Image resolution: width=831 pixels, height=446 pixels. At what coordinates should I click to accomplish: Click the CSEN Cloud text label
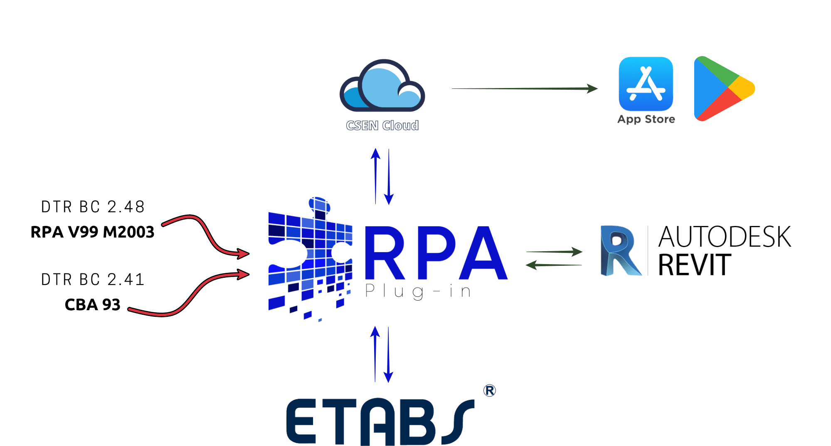pyautogui.click(x=382, y=125)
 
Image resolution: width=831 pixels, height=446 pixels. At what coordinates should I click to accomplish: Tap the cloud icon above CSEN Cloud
pyautogui.click(x=382, y=86)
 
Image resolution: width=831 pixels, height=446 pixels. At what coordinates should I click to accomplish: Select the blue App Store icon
pyautogui.click(x=646, y=83)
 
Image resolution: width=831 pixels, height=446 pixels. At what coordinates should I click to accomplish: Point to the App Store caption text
pyautogui.click(x=646, y=120)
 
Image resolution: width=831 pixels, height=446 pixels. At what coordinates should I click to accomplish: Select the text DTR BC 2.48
pyautogui.click(x=93, y=207)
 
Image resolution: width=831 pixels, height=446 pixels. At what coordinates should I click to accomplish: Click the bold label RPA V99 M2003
pyautogui.click(x=92, y=232)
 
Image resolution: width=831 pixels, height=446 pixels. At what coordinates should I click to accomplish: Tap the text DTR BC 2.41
pyautogui.click(x=93, y=279)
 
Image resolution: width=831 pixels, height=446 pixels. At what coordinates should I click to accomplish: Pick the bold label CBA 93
pyautogui.click(x=92, y=305)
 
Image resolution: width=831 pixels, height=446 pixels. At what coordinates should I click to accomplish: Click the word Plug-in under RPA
pyautogui.click(x=418, y=292)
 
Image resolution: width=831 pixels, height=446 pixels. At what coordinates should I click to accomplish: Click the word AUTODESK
pyautogui.click(x=725, y=237)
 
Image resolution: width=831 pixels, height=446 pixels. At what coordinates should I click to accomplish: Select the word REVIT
pyautogui.click(x=695, y=265)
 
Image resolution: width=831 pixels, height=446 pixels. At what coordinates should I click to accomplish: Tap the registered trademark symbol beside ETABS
pyautogui.click(x=489, y=391)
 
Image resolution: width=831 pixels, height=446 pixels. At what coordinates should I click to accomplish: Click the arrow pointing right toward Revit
pyautogui.click(x=554, y=252)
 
